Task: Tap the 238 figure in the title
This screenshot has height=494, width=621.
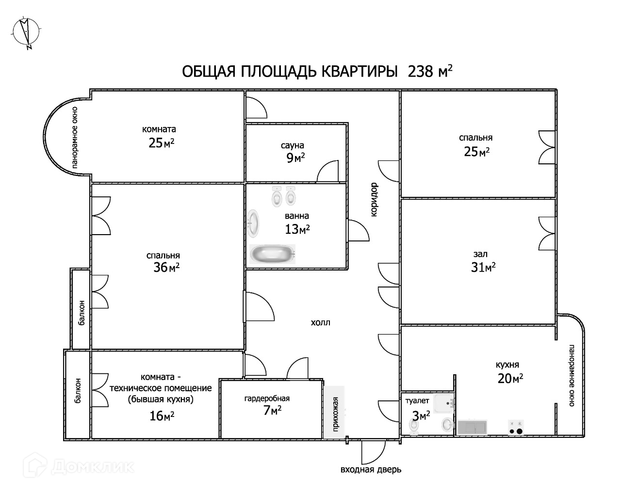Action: coord(421,71)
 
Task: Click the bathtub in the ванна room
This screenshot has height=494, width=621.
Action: coord(272,254)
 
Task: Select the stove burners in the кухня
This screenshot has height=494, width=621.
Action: coord(516,427)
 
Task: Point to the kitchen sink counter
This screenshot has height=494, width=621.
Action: coord(472,427)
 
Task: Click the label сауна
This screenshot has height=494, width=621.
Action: coord(292,145)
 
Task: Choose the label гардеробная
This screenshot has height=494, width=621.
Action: coord(267,398)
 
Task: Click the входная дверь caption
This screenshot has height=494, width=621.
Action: coord(371,469)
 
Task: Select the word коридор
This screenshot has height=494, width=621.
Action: coord(374,199)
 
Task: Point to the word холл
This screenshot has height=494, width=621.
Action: coord(320,322)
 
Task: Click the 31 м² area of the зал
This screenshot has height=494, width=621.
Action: coord(483,267)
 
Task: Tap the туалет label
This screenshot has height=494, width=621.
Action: coord(417,400)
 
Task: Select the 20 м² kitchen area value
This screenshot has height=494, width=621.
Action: coord(510,379)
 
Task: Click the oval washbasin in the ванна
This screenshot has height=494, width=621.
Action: coord(253,223)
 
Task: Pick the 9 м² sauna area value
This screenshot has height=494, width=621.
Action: coord(295,158)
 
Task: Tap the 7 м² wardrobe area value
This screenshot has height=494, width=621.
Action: coord(272,411)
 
